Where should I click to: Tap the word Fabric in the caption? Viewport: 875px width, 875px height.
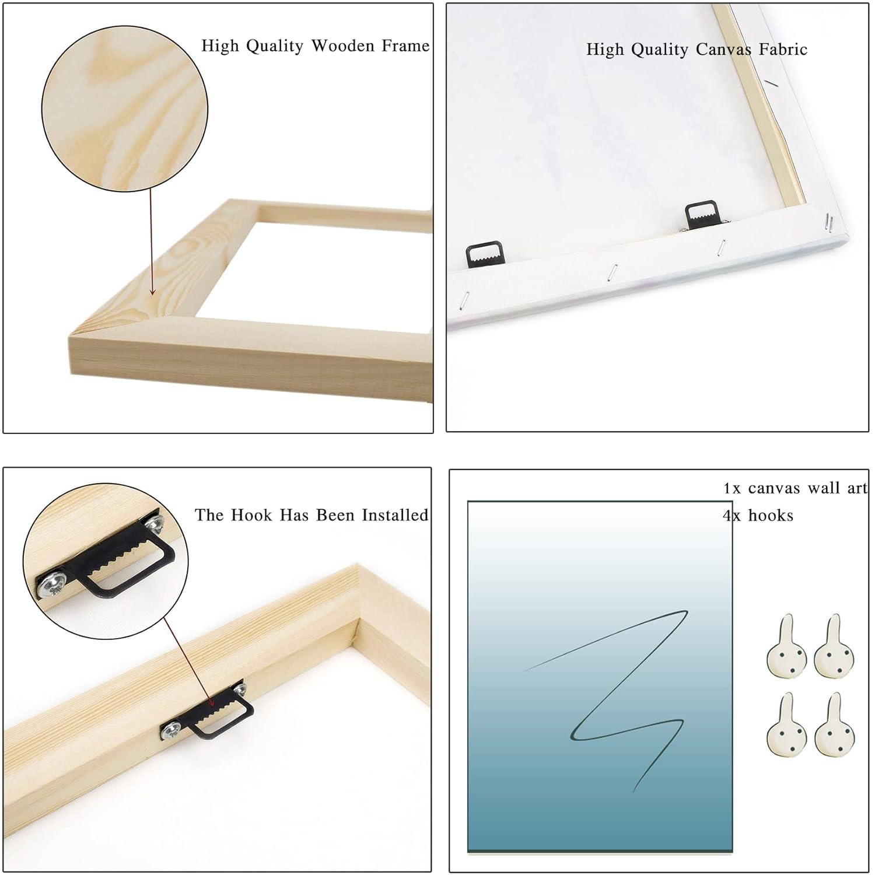[783, 49]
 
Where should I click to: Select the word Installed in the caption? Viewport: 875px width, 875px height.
[395, 515]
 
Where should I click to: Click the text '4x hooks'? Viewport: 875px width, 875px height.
[758, 515]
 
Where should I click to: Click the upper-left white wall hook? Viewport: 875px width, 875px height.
[786, 646]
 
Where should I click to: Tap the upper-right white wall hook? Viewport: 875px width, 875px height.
[834, 646]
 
